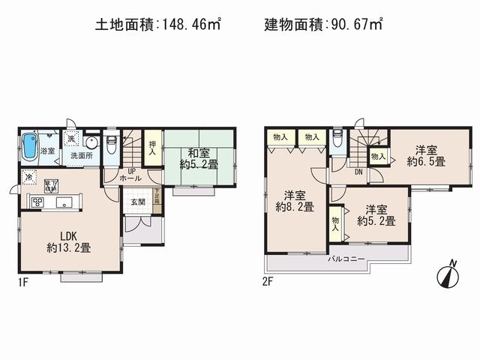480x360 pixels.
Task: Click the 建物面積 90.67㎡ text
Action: [324, 25]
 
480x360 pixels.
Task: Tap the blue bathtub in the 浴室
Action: [31, 145]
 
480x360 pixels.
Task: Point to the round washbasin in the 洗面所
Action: [91, 142]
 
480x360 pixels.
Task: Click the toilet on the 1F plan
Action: [111, 144]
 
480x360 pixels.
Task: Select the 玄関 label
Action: [139, 202]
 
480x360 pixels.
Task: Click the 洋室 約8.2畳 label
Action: [288, 199]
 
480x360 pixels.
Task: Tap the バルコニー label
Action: [346, 259]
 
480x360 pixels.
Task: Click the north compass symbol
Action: [448, 274]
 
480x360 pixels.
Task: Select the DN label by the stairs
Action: [358, 172]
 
